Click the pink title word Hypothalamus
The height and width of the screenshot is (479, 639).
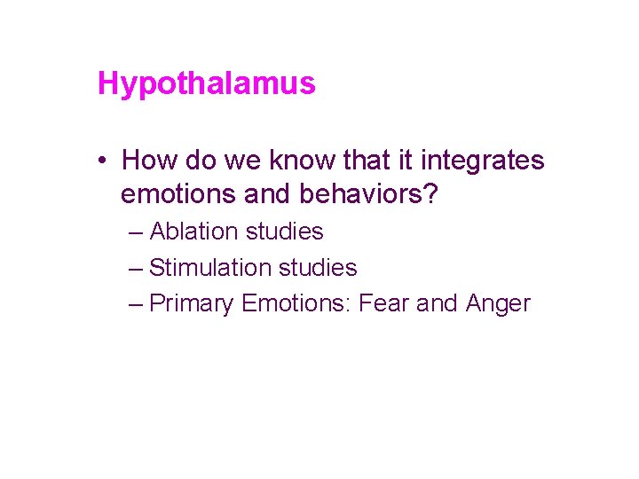click(206, 84)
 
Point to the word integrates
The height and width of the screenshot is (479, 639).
click(483, 161)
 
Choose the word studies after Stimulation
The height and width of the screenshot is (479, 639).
click(318, 267)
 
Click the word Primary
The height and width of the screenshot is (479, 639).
click(192, 303)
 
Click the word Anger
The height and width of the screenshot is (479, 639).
click(497, 303)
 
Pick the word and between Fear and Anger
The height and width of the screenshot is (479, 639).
click(437, 303)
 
